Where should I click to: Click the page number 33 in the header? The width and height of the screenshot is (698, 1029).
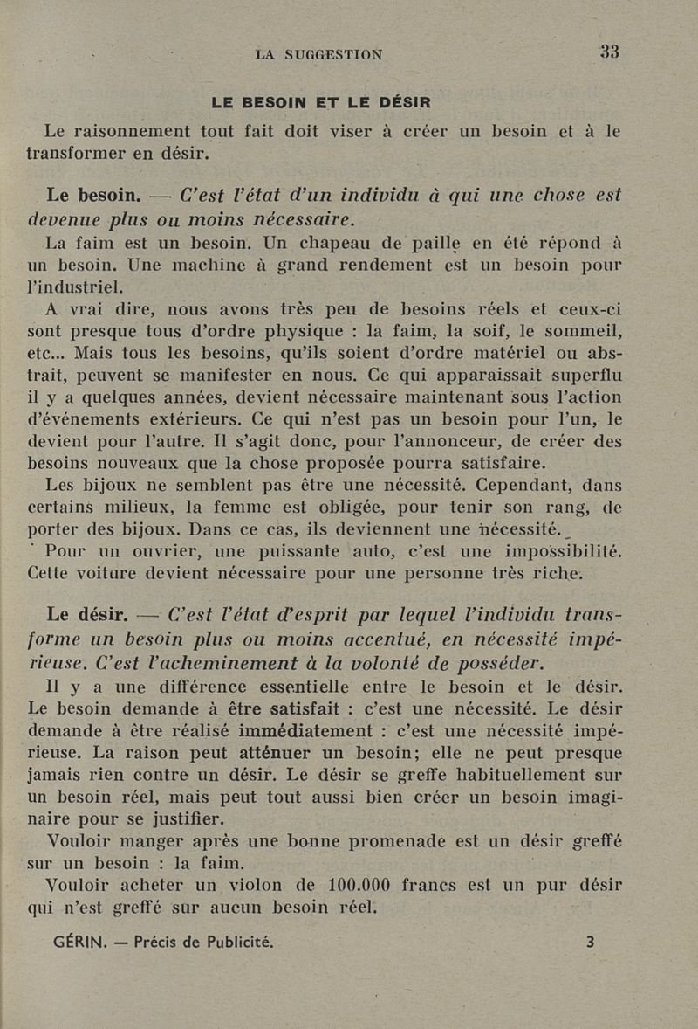click(609, 52)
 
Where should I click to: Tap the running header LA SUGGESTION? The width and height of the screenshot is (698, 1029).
click(318, 54)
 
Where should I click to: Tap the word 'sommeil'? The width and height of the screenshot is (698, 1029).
click(587, 331)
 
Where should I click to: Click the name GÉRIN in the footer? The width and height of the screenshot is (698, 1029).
click(80, 942)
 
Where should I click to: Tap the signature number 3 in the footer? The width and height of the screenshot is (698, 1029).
click(590, 942)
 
